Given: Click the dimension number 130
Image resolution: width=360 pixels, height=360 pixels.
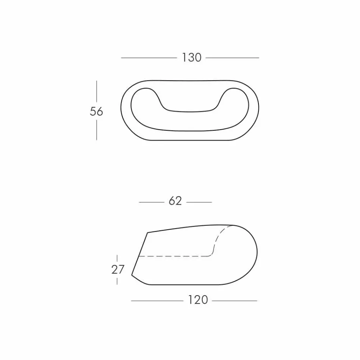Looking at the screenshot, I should click(x=191, y=58).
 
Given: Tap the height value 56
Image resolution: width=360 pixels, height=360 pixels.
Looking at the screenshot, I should click(x=96, y=111).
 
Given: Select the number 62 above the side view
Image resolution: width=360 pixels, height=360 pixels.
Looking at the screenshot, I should click(x=175, y=201).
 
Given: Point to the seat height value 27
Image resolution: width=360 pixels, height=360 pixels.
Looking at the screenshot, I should click(x=117, y=269).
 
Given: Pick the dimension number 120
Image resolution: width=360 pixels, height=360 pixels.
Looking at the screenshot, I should click(x=198, y=300).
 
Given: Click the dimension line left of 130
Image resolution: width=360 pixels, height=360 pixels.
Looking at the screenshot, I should click(x=149, y=58).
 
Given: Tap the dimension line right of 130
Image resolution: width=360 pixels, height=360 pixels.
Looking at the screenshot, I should click(x=232, y=58).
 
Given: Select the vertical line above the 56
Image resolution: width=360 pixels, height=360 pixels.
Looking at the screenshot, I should click(x=97, y=91).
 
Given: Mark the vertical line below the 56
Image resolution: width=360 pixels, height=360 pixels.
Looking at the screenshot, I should click(x=97, y=130).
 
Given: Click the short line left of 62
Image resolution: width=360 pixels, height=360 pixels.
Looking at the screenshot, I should click(x=151, y=202).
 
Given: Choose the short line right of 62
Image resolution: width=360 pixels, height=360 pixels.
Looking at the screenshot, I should click(x=199, y=202).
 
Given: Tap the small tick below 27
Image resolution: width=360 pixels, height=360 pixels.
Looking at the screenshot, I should click(x=117, y=281).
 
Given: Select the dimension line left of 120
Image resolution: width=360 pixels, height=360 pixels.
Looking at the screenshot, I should click(x=157, y=301).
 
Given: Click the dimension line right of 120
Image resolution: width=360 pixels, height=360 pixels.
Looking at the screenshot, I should click(x=235, y=301).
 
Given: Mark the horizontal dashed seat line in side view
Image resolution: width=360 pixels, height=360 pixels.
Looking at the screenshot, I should click(x=174, y=257).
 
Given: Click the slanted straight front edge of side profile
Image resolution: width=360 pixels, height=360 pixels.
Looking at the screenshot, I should click(x=139, y=253).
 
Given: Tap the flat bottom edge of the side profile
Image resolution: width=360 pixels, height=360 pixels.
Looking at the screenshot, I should click(x=186, y=285).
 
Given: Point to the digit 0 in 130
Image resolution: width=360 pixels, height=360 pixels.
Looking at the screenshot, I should click(x=197, y=58).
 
